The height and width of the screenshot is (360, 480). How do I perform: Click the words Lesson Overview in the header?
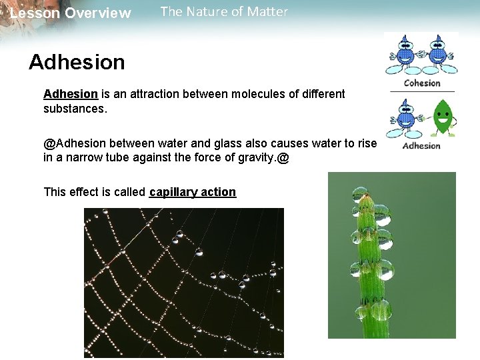tap(71, 13)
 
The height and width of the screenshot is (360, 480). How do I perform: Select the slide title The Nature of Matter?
tap(224, 12)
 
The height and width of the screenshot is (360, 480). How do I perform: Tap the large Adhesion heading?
tap(77, 62)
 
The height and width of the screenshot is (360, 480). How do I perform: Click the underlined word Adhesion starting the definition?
tap(71, 94)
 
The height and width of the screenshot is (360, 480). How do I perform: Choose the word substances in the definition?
tap(74, 108)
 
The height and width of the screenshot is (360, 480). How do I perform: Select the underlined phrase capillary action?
tap(193, 192)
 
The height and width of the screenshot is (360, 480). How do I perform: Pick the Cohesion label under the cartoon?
tap(422, 83)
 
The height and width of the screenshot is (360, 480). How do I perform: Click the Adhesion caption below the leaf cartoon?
tap(421, 145)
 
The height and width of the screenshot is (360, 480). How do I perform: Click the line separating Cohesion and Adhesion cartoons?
tap(421, 91)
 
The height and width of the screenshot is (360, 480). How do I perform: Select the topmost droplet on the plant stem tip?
tap(361, 194)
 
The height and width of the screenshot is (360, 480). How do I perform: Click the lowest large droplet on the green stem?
tap(379, 310)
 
